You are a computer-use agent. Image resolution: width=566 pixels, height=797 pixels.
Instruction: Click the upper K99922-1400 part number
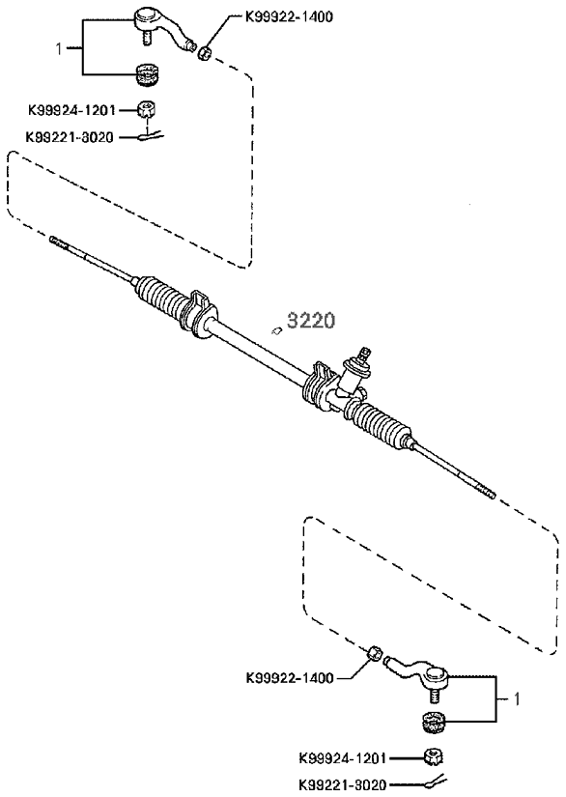tap(289, 16)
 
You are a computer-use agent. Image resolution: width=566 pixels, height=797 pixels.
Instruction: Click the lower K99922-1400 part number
tap(290, 677)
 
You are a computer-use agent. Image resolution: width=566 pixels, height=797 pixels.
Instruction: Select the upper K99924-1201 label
tap(71, 110)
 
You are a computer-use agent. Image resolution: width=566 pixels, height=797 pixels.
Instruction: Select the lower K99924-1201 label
tap(343, 758)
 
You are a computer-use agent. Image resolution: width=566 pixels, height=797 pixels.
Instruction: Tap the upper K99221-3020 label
tap(70, 137)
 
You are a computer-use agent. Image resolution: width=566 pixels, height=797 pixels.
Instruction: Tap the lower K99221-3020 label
tap(343, 784)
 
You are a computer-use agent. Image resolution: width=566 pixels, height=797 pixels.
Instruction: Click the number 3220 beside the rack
tap(311, 321)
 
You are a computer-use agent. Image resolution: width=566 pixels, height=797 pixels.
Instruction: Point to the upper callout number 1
tap(59, 49)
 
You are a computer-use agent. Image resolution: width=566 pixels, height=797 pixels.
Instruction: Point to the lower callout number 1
tap(517, 699)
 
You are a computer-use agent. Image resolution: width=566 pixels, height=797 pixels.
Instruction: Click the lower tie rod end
tap(416, 678)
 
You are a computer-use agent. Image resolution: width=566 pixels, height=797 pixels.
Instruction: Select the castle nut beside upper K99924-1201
tap(146, 110)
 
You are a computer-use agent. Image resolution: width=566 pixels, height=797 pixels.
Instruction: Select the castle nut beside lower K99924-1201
tap(433, 757)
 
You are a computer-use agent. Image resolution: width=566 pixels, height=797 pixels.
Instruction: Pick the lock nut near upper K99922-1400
tap(204, 52)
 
